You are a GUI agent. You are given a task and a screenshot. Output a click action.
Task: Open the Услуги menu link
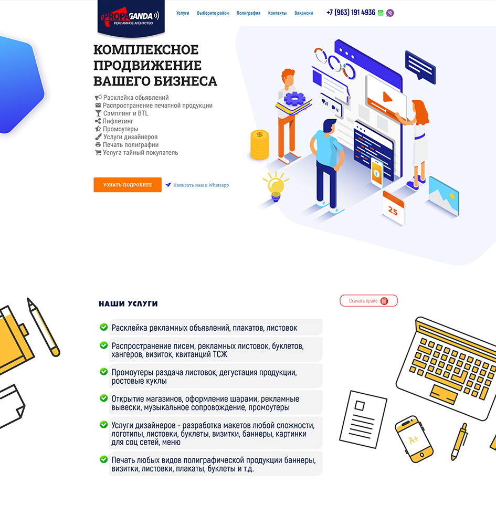point(183,13)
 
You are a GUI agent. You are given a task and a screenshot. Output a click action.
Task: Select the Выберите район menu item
point(213,13)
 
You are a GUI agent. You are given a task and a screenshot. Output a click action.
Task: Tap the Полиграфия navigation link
point(248,13)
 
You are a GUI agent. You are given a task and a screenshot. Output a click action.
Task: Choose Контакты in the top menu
point(278,13)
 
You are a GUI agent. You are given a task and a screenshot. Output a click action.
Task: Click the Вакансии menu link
point(303,13)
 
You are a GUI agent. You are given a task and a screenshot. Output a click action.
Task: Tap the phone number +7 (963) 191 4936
point(351,13)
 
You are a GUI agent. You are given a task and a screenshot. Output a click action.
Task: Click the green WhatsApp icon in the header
point(381,13)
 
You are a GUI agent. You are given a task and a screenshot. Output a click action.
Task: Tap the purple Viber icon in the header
point(390,13)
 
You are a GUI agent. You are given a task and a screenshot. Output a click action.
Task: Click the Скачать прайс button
point(368,301)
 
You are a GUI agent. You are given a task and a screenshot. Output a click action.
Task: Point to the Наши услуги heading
point(128,303)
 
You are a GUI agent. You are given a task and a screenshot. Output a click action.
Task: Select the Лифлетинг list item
point(118,121)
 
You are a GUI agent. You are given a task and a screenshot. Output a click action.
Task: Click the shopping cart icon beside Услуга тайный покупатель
point(98,153)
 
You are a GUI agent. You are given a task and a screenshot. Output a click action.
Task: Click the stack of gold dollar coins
point(260,145)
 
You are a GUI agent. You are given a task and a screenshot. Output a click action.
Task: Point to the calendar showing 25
point(394,207)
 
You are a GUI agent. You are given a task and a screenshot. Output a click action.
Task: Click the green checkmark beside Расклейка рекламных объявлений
point(104,327)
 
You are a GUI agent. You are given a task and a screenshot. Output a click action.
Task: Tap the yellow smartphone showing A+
point(414,439)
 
